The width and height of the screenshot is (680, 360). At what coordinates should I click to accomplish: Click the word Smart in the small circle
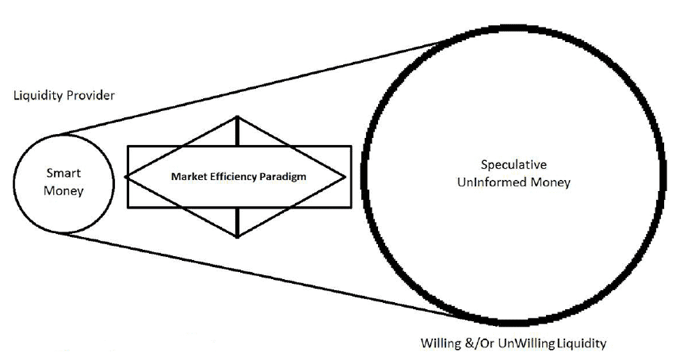point(63,173)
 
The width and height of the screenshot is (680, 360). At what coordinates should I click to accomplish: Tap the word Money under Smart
point(63,191)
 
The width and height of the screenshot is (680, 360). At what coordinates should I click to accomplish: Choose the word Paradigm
point(283,177)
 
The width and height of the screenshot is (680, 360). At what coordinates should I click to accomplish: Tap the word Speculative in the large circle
point(514,165)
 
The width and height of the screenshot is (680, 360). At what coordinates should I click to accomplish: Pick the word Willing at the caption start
point(441,343)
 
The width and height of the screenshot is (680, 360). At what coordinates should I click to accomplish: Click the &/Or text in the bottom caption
point(480,343)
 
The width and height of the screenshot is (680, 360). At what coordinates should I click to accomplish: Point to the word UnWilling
point(527,343)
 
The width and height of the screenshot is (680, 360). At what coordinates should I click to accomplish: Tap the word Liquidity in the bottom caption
point(581,343)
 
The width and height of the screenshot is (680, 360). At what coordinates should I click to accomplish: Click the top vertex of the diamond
point(237,117)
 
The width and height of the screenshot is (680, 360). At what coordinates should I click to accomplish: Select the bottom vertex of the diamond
point(237,237)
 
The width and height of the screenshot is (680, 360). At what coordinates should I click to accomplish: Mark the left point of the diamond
point(125,177)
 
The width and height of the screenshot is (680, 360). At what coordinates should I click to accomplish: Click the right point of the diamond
point(346,177)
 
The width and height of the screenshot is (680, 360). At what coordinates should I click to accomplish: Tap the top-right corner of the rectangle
point(351,147)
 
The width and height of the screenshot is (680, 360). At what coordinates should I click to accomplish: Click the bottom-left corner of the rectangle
point(128,207)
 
